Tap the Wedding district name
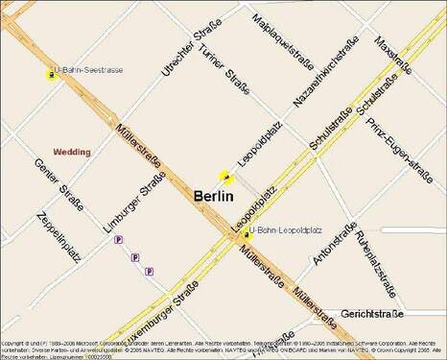(x=71, y=152)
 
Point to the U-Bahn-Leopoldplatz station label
(x=287, y=231)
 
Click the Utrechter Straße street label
(x=186, y=53)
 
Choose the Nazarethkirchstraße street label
(x=325, y=73)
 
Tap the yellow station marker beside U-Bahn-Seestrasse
(x=49, y=74)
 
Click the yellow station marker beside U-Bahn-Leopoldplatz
(x=246, y=233)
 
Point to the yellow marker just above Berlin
(x=226, y=177)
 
